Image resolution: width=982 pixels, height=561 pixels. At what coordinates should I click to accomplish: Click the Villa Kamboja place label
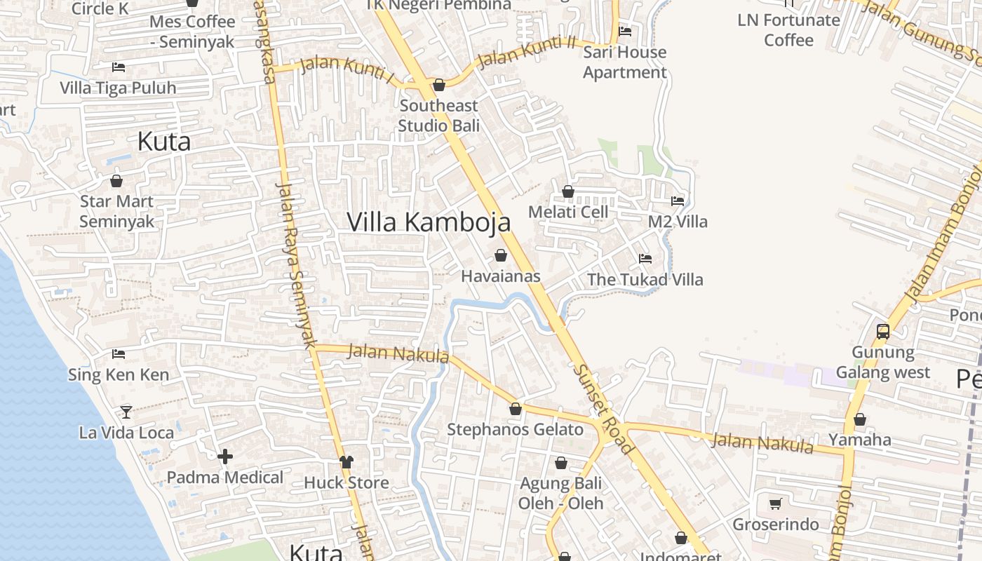(x=429, y=222)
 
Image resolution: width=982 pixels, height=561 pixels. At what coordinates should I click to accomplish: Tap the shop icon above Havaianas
(x=501, y=255)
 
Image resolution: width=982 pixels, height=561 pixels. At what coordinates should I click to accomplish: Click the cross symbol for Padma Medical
(x=225, y=457)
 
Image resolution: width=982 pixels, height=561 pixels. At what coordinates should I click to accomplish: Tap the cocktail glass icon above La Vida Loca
(x=126, y=412)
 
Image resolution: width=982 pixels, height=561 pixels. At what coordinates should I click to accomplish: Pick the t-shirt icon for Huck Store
(x=347, y=461)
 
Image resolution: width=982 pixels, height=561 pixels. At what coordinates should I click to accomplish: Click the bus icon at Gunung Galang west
(x=883, y=331)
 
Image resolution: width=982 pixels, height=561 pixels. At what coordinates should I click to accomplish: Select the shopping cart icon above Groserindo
(x=776, y=503)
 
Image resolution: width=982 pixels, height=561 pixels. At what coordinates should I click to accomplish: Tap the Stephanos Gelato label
(x=515, y=430)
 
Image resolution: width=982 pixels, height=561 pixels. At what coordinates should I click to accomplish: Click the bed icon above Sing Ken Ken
(x=119, y=354)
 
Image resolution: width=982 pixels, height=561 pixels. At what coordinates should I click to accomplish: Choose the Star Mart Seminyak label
(x=116, y=211)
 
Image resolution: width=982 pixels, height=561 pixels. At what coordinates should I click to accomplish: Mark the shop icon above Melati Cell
(x=568, y=191)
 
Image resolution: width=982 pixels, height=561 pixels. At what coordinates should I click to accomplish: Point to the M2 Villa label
(x=678, y=222)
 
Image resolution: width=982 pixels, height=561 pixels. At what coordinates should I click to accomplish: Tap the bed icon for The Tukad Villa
(x=645, y=259)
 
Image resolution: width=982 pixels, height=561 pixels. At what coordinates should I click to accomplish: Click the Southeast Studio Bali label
(x=439, y=116)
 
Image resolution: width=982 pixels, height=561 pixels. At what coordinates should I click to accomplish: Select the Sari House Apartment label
(x=625, y=62)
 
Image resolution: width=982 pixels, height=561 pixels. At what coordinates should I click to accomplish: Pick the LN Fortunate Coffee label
(x=788, y=30)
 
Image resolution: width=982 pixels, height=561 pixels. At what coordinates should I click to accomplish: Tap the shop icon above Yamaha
(x=860, y=419)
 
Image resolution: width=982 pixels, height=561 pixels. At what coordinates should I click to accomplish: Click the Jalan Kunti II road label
(x=526, y=52)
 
